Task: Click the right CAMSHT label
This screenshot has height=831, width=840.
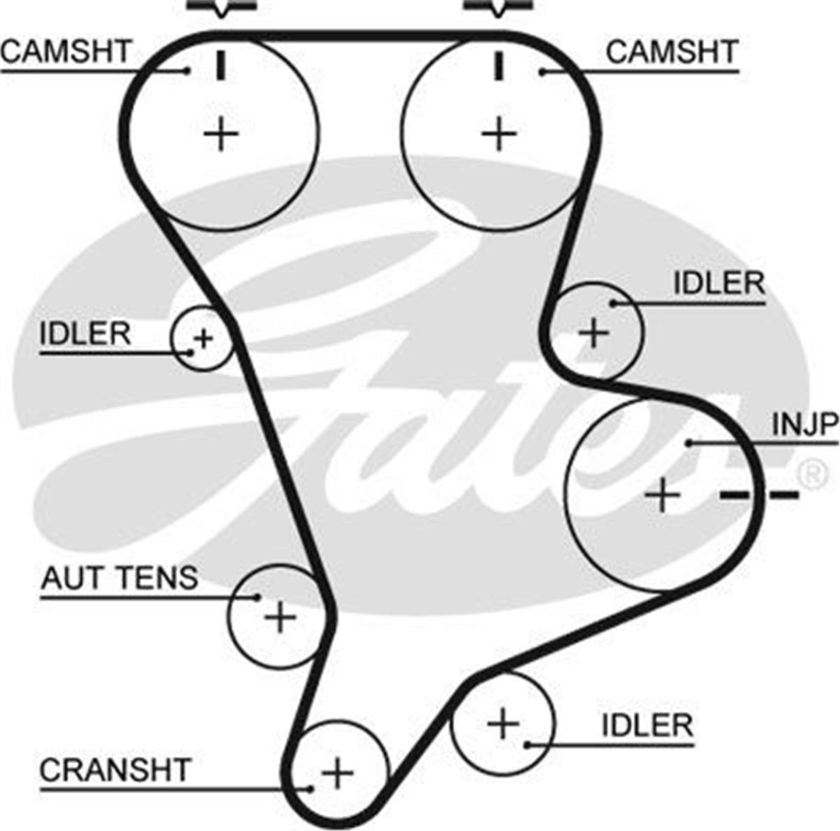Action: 671,53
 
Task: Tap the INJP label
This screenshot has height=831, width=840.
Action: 804,424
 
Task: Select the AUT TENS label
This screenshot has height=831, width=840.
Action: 120,578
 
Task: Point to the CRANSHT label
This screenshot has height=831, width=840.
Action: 115,770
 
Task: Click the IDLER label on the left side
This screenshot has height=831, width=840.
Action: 85,334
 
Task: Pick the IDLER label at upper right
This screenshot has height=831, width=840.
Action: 718,284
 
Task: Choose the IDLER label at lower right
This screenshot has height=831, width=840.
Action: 647,725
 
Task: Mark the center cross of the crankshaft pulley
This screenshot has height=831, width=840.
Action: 337,774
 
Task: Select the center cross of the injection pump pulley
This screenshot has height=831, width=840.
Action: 662,496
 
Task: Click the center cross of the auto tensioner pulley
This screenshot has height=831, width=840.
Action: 280,617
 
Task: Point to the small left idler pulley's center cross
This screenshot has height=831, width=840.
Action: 203,340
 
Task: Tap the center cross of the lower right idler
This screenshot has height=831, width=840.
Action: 503,723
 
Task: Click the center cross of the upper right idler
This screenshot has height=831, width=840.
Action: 594,333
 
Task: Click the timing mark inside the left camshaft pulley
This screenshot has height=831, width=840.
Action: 221,65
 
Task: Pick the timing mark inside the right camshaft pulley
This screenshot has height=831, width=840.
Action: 498,65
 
